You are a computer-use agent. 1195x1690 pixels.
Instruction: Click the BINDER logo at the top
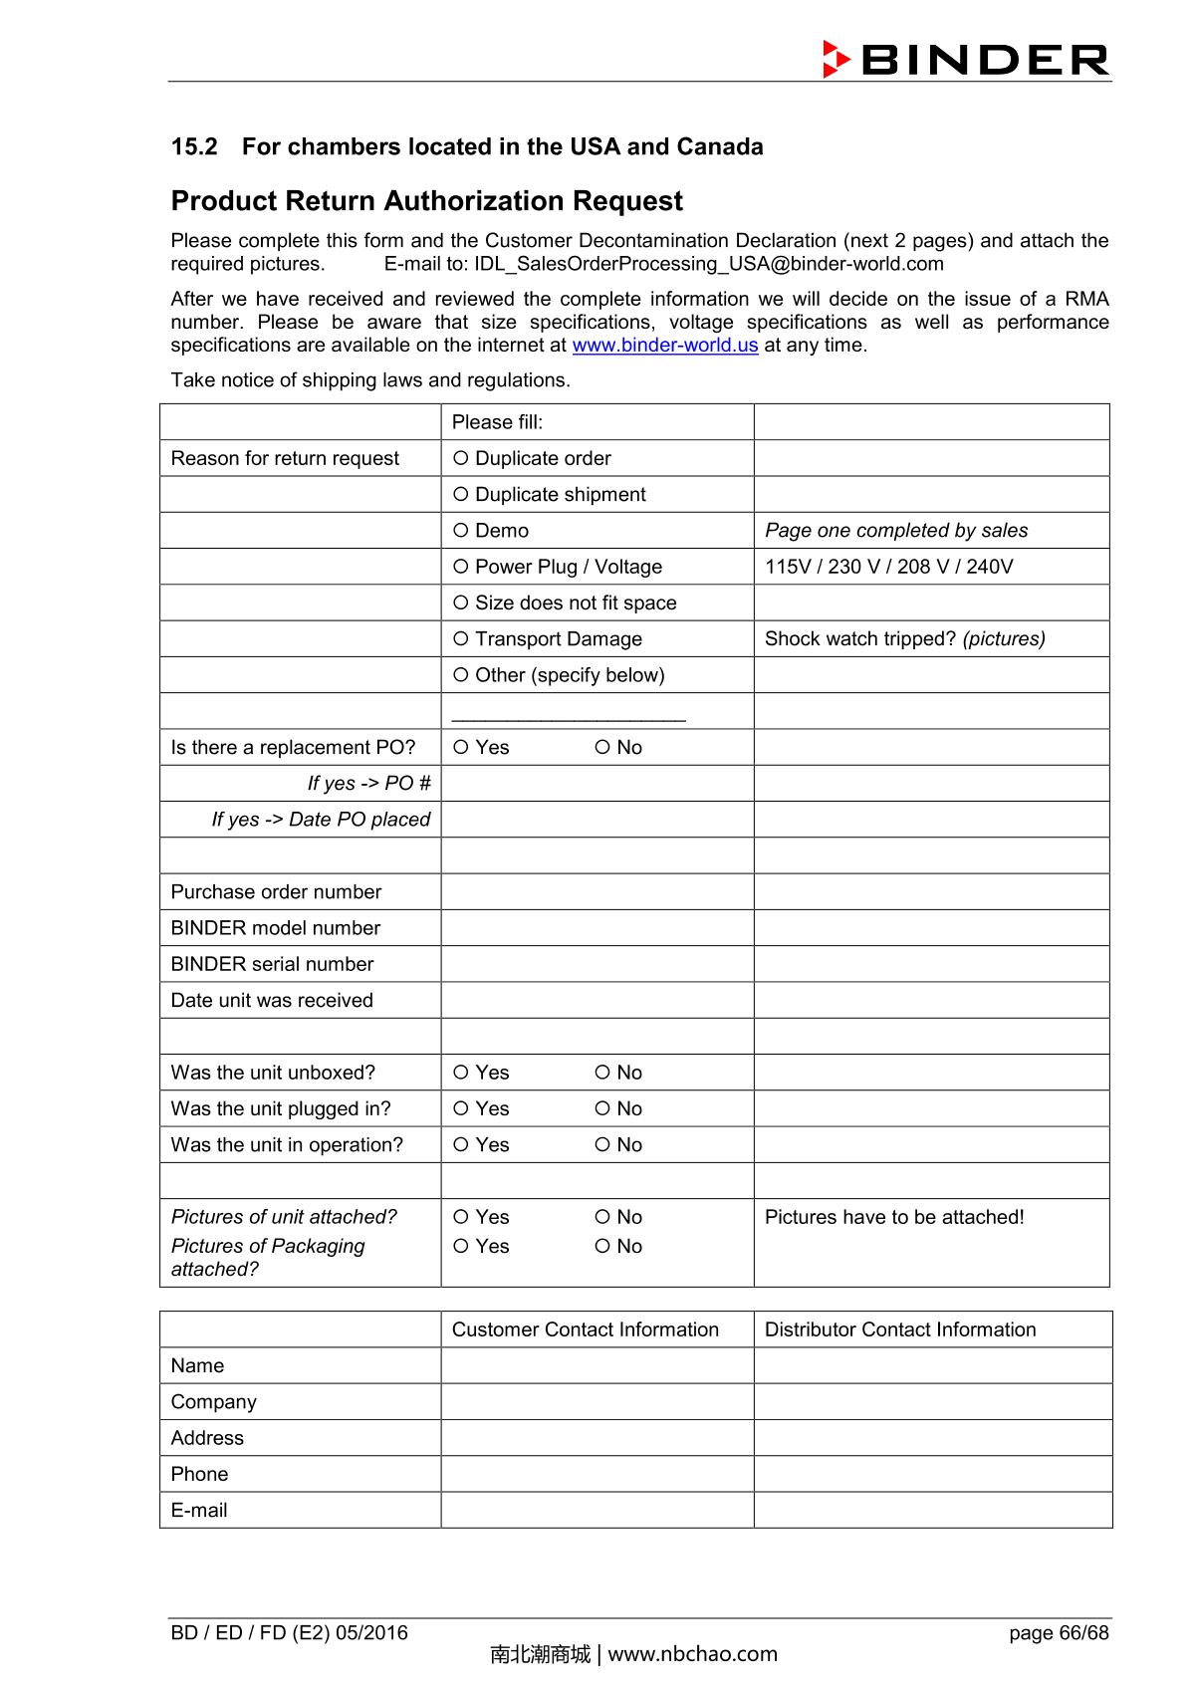pyautogui.click(x=965, y=60)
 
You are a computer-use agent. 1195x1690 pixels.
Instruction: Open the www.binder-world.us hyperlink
pyautogui.click(x=664, y=346)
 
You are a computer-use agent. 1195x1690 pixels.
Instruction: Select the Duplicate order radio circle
pyautogui.click(x=460, y=458)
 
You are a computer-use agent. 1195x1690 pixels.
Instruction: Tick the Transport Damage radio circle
pyautogui.click(x=460, y=639)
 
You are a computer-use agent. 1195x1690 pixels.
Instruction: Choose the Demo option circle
pyautogui.click(x=460, y=531)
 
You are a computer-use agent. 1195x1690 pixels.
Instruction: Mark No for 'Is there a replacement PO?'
pyautogui.click(x=602, y=748)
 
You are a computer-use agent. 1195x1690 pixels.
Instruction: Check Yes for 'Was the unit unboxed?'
pyautogui.click(x=460, y=1073)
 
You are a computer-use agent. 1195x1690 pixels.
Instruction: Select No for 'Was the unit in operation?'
pyautogui.click(x=602, y=1145)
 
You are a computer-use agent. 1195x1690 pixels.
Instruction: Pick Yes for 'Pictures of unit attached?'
pyautogui.click(x=460, y=1217)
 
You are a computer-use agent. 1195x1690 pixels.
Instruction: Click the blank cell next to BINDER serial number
pyautogui.click(x=597, y=964)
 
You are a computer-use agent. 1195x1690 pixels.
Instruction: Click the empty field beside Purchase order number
pyautogui.click(x=597, y=892)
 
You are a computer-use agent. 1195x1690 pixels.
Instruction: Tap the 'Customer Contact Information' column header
pyautogui.click(x=585, y=1329)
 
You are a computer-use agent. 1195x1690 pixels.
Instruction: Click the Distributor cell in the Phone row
pyautogui.click(x=932, y=1474)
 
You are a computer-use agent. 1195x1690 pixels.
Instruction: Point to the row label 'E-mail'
pyautogui.click(x=199, y=1510)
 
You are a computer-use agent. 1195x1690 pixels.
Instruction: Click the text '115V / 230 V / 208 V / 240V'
pyautogui.click(x=888, y=567)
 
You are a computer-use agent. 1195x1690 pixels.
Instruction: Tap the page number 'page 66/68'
pyautogui.click(x=1058, y=1632)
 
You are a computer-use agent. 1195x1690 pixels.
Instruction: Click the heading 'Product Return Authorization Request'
pyautogui.click(x=426, y=201)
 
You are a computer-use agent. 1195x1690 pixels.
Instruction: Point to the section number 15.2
pyautogui.click(x=194, y=147)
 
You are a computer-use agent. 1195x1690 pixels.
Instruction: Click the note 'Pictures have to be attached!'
pyautogui.click(x=893, y=1217)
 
